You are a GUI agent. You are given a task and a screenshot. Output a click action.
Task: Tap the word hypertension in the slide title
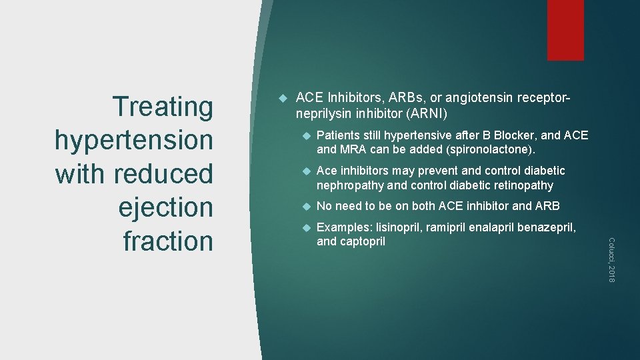point(134,140)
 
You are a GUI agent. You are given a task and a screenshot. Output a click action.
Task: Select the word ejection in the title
point(166,207)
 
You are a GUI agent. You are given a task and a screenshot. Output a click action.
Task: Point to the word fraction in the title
point(168,241)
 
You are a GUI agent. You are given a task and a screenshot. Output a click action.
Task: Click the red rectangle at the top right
point(565,30)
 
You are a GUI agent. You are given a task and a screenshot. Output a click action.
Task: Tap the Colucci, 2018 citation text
point(612,259)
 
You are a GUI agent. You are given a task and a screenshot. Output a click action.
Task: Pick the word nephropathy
point(350,185)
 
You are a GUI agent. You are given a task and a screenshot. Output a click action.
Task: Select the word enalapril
point(493,228)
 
